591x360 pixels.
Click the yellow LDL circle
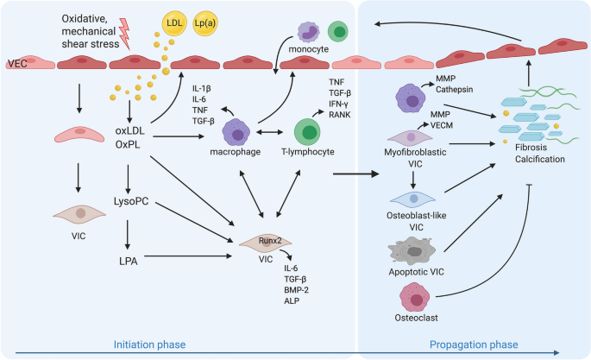(174, 23)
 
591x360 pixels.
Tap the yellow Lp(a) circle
(205, 23)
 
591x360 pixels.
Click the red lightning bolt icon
(125, 34)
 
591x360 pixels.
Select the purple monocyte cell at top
(308, 32)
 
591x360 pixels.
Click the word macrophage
(236, 152)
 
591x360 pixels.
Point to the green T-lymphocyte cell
(307, 132)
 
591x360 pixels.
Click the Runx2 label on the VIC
(270, 241)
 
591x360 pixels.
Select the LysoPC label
(131, 201)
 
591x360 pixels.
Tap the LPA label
(129, 261)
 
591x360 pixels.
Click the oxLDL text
(130, 131)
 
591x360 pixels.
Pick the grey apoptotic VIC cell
(412, 251)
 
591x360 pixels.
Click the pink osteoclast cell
(415, 298)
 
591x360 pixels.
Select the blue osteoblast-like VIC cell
(412, 199)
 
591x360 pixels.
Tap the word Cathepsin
(454, 90)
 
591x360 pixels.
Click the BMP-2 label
(296, 290)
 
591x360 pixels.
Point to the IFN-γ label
(338, 104)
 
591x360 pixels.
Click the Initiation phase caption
(149, 344)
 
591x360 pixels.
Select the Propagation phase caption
(474, 344)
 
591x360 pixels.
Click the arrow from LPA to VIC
(188, 256)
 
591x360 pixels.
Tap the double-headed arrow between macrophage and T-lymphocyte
(269, 132)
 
